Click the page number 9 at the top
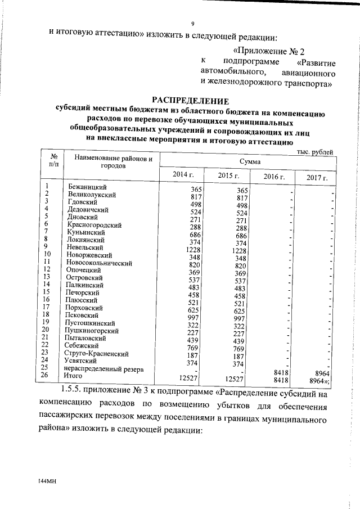tap(192, 24)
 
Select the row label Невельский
tap(84, 247)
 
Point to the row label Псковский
tap(83, 316)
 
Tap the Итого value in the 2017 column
tap(322, 380)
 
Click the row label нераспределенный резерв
tap(103, 369)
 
